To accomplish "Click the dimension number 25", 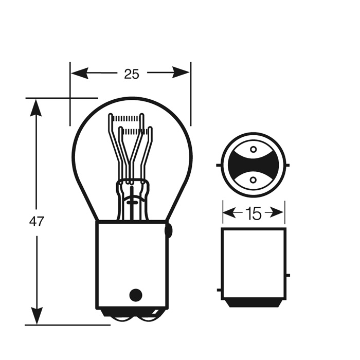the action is [132, 74].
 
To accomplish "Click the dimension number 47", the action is [37, 222].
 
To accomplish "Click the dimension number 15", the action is [254, 213].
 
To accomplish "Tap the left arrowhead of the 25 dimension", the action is [80, 73].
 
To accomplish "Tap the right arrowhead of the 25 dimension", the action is [181, 73].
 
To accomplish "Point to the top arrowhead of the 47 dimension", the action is [36, 108].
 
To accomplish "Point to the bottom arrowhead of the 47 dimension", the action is [37, 316].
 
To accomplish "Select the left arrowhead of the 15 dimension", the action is [230, 212].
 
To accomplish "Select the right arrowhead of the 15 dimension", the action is [277, 212].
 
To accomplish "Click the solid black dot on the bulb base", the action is [136, 295].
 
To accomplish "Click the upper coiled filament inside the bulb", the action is [127, 118].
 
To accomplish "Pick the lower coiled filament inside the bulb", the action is [135, 131].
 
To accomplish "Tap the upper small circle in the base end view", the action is [253, 150].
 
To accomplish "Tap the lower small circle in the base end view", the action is [253, 180].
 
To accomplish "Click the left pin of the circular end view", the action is [219, 165].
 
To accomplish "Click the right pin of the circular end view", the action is [287, 165].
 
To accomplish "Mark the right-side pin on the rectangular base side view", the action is [288, 275].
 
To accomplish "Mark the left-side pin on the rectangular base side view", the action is [219, 290].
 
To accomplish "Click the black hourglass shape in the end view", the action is [253, 165].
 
